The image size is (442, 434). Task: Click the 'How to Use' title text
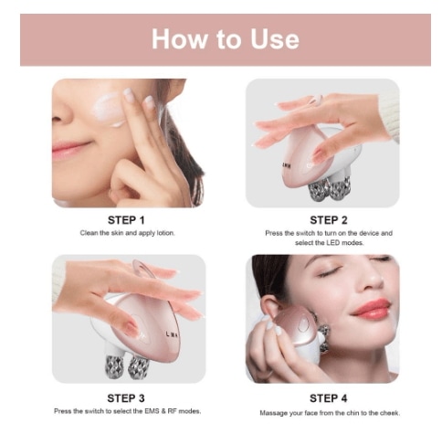click(226, 39)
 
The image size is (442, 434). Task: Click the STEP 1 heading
click(126, 220)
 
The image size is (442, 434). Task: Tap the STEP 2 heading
click(329, 220)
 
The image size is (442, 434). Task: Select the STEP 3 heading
click(126, 398)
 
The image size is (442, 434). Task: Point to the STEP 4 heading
click(328, 398)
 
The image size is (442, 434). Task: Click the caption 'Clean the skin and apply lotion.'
click(127, 233)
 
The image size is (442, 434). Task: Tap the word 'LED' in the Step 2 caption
click(333, 243)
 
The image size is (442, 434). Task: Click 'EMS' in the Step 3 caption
click(152, 411)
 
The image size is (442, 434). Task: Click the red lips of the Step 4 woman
click(372, 308)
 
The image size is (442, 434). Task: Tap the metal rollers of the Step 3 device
click(127, 366)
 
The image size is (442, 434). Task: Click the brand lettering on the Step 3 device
click(173, 334)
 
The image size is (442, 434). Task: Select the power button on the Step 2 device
click(310, 165)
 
